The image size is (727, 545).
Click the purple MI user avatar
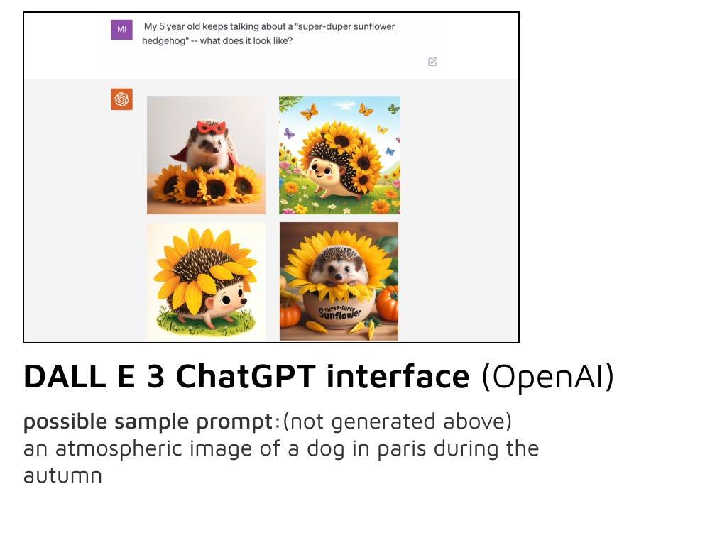(121, 29)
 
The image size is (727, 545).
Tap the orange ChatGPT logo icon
(121, 99)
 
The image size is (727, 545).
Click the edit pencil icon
(432, 62)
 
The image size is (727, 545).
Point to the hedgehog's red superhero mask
(212, 126)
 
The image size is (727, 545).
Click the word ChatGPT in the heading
(246, 376)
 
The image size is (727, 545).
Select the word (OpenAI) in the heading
(548, 376)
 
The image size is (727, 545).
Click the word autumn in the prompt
(62, 476)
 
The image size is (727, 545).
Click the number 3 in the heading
(155, 376)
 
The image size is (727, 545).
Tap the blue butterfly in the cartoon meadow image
(390, 151)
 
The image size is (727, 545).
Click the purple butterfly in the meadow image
(289, 133)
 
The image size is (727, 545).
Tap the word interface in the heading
(398, 376)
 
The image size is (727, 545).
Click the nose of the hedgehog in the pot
(339, 276)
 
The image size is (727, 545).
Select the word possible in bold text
(65, 422)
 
